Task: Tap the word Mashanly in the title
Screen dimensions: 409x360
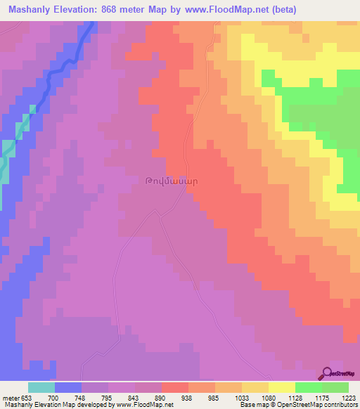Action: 28,10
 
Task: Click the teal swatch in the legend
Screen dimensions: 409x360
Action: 41,387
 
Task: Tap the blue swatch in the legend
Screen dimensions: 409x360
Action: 68,387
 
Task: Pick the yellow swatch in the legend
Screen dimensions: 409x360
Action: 282,387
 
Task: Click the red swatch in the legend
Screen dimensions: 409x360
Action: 175,387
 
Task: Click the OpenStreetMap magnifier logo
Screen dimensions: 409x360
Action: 326,374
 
